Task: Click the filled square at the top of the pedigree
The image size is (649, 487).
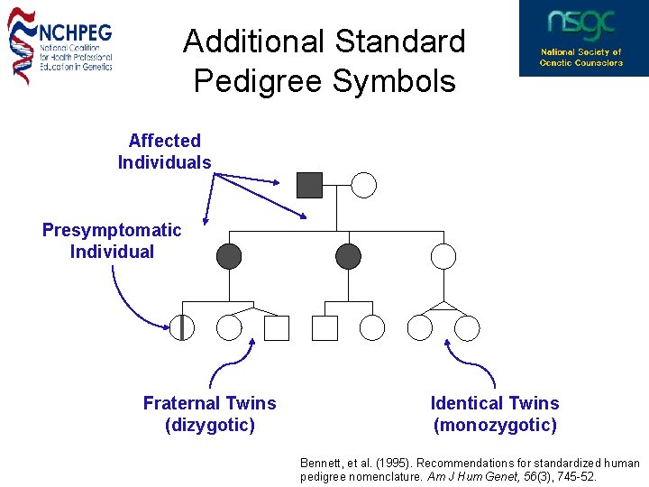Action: click(x=309, y=185)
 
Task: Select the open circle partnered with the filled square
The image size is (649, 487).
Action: click(x=363, y=185)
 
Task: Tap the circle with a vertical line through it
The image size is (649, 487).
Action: click(x=182, y=328)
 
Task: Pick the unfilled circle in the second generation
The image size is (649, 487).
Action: click(x=443, y=256)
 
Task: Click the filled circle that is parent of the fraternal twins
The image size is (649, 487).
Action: click(x=230, y=256)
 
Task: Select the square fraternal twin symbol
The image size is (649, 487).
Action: click(x=277, y=328)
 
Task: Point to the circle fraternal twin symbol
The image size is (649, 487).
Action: click(x=230, y=328)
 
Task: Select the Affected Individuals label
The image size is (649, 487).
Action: click(x=164, y=152)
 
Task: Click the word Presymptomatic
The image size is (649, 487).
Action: click(x=112, y=230)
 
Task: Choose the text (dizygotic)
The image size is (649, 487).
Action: click(x=209, y=425)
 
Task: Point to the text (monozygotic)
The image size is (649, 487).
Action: click(x=495, y=425)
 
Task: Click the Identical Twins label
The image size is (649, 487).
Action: click(x=495, y=403)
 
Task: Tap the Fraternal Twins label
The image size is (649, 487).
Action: click(x=209, y=403)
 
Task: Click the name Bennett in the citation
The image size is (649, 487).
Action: click(x=321, y=463)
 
